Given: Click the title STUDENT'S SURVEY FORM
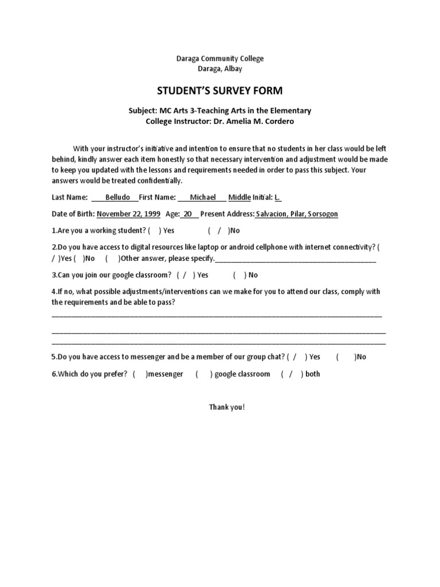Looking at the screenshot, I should pyautogui.click(x=220, y=91).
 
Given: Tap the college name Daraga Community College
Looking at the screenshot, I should pyautogui.click(x=220, y=58).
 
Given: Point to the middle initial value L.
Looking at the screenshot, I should pyautogui.click(x=277, y=197).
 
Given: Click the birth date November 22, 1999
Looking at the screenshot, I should pyautogui.click(x=128, y=214).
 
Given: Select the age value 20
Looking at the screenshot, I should pyautogui.click(x=187, y=214).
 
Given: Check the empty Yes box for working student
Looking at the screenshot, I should pyautogui.click(x=154, y=230).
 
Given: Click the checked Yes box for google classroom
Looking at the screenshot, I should pyautogui.click(x=186, y=275).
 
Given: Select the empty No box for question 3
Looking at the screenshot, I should pyautogui.click(x=240, y=275).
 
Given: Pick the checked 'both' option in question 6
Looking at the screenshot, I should pyautogui.click(x=292, y=374).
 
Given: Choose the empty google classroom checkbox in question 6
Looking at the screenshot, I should pyautogui.click(x=203, y=374).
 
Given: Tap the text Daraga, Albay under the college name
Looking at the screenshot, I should pyautogui.click(x=220, y=69).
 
